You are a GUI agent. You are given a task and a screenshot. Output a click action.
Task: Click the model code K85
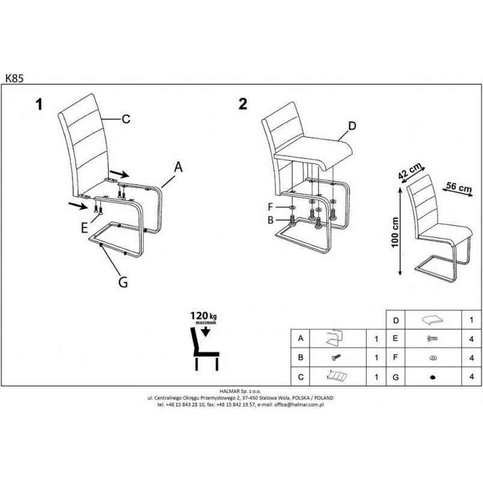pos(14,78)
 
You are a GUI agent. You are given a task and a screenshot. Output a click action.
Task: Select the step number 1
pos(39,104)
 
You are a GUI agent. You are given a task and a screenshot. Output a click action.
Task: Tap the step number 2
pos(243,104)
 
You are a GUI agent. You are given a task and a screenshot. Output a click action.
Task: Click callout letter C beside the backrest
pos(126,119)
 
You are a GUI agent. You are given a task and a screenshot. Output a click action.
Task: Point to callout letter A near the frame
pos(178,167)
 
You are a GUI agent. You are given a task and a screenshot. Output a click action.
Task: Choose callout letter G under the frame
pos(123,282)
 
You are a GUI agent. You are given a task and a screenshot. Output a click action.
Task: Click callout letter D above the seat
pos(352,126)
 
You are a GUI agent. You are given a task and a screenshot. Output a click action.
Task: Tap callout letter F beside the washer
pos(270,207)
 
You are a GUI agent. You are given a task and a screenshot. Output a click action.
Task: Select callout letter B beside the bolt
pos(270,220)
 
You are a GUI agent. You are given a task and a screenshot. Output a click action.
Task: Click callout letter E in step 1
pos(84,228)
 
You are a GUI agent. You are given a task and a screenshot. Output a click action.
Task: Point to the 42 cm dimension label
pos(410,171)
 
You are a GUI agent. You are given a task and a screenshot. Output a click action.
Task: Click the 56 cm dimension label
pos(459,187)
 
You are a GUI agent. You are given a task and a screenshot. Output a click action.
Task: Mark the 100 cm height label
pos(395,232)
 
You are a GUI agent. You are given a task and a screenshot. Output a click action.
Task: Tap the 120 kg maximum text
pos(203,318)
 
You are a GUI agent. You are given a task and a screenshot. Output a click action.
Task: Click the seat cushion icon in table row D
pos(433,320)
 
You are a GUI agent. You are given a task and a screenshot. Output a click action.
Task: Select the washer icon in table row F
pos(433,357)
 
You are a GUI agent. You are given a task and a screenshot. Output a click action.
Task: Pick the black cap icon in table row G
pos(433,377)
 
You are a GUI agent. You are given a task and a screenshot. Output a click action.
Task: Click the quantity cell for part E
pos(472,339)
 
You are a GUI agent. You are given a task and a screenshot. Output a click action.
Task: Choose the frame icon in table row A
pos(334,338)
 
